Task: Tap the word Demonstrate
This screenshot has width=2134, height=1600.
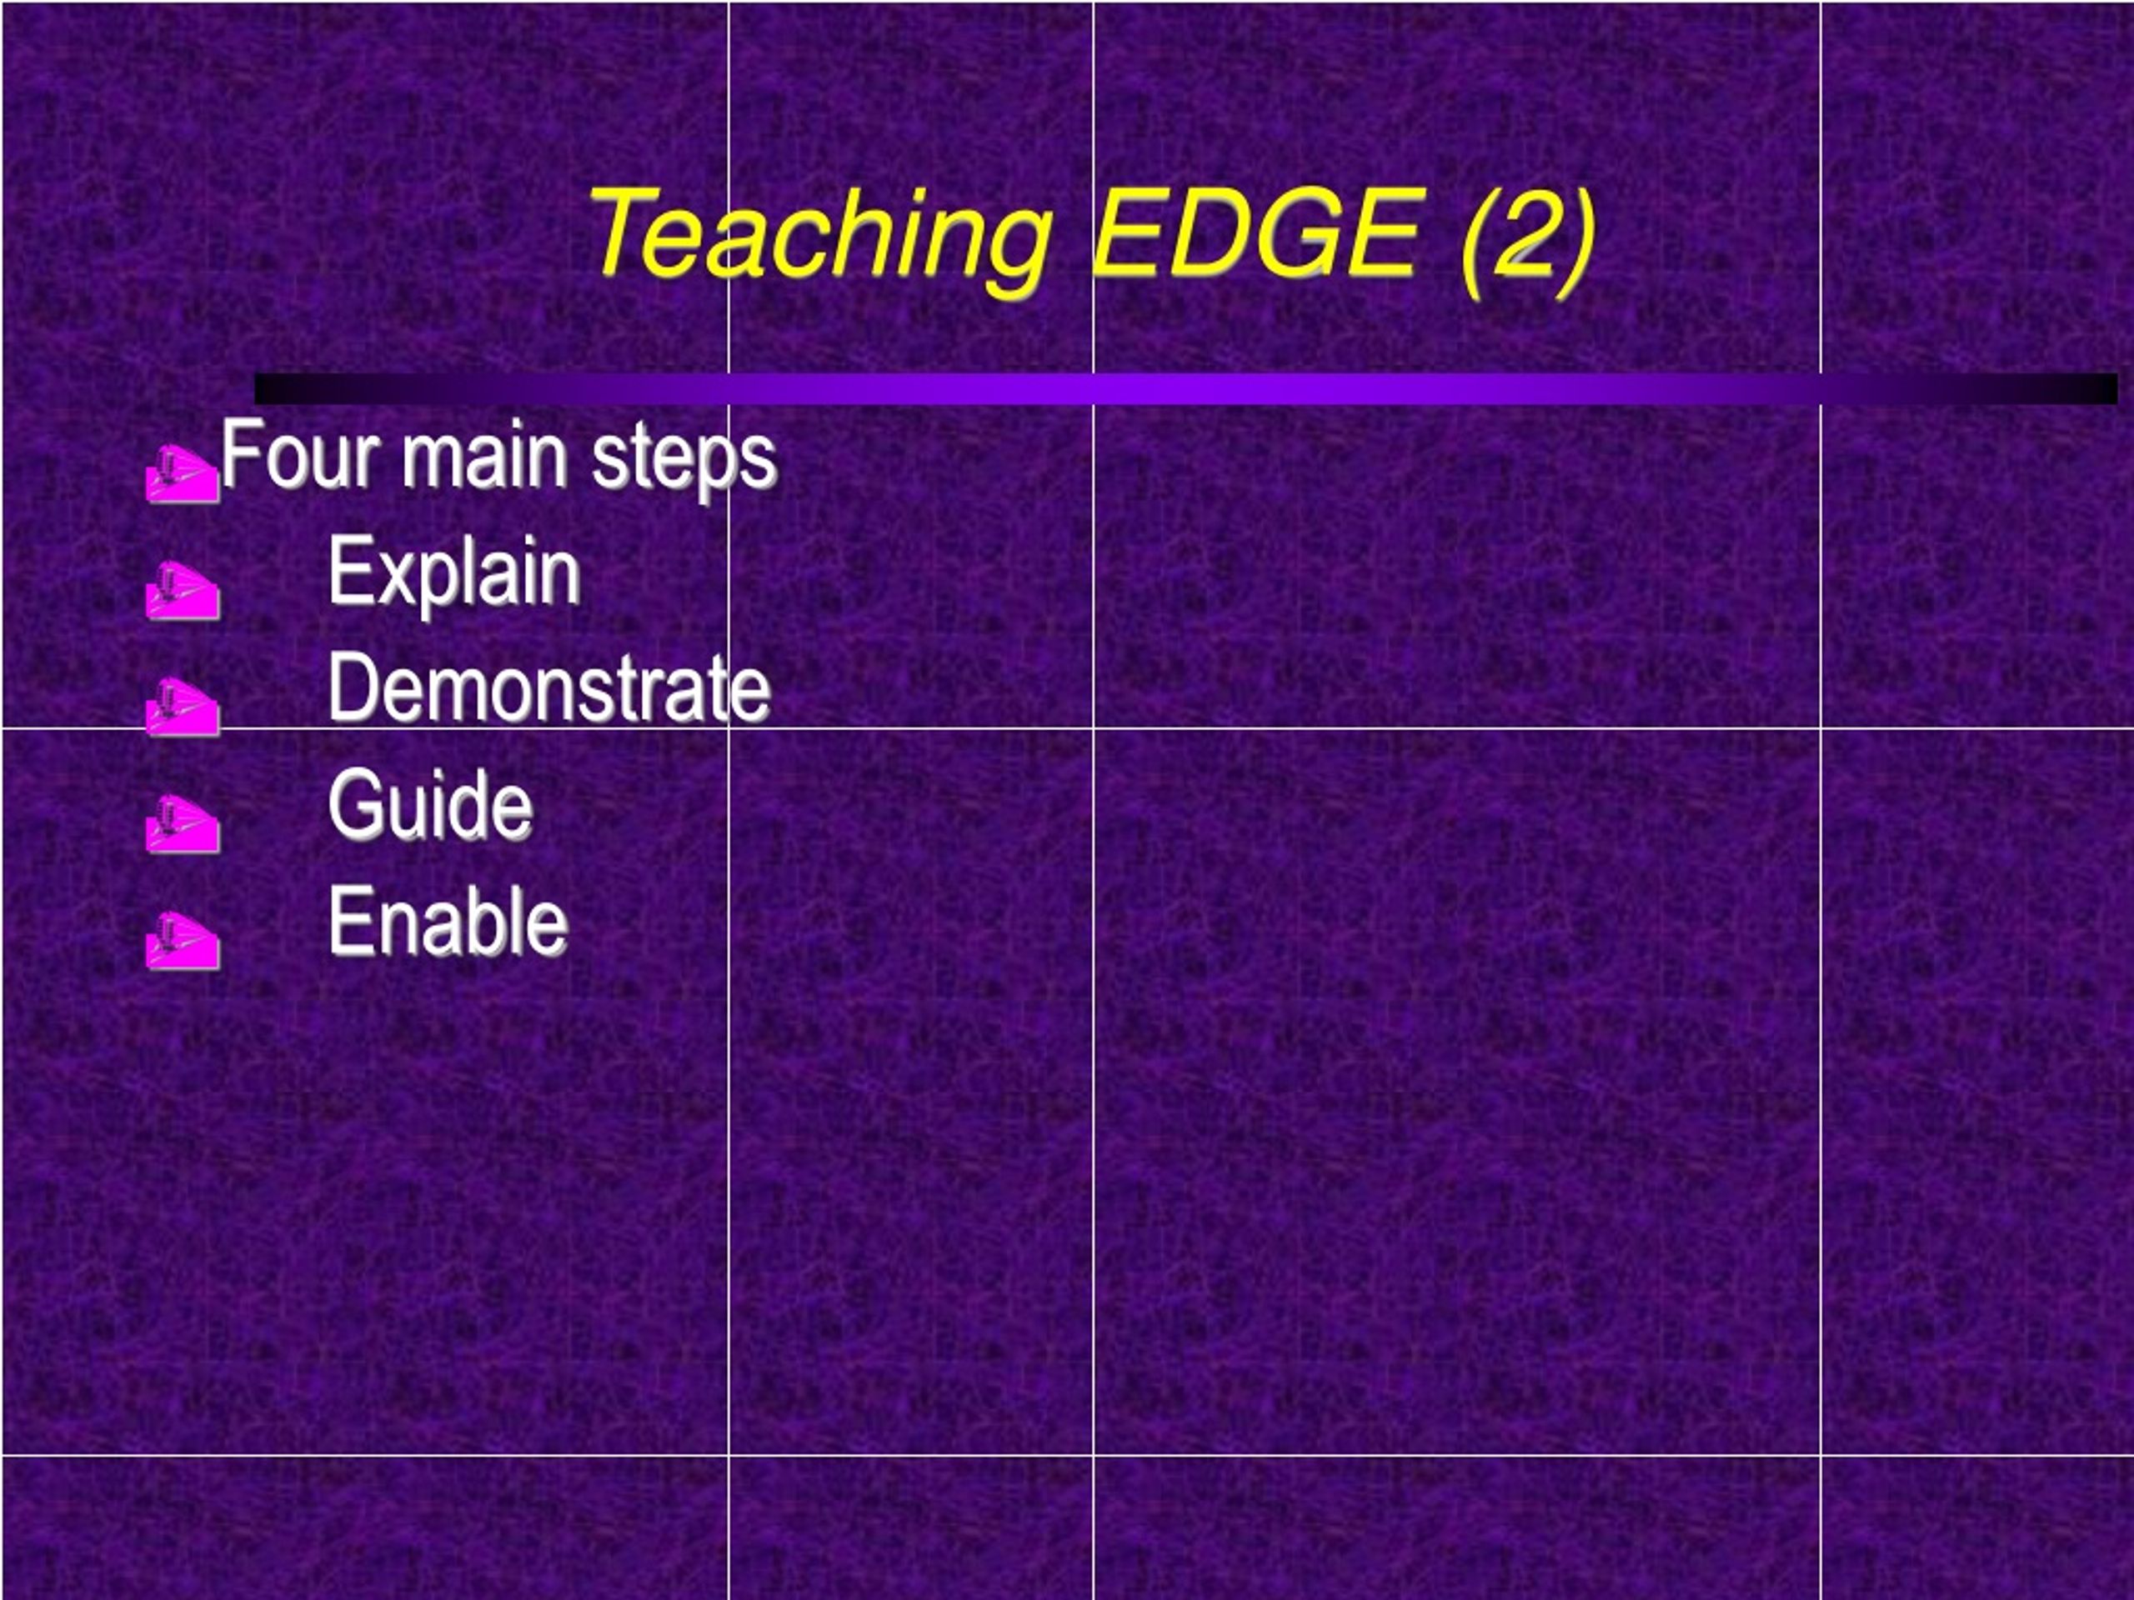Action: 550,687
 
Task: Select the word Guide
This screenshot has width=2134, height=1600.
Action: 430,804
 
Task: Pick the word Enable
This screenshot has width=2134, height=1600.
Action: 448,921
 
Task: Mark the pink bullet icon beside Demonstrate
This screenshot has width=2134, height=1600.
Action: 183,706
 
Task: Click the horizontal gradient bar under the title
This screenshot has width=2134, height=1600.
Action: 1185,388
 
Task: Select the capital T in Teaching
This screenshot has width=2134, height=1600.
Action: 627,231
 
